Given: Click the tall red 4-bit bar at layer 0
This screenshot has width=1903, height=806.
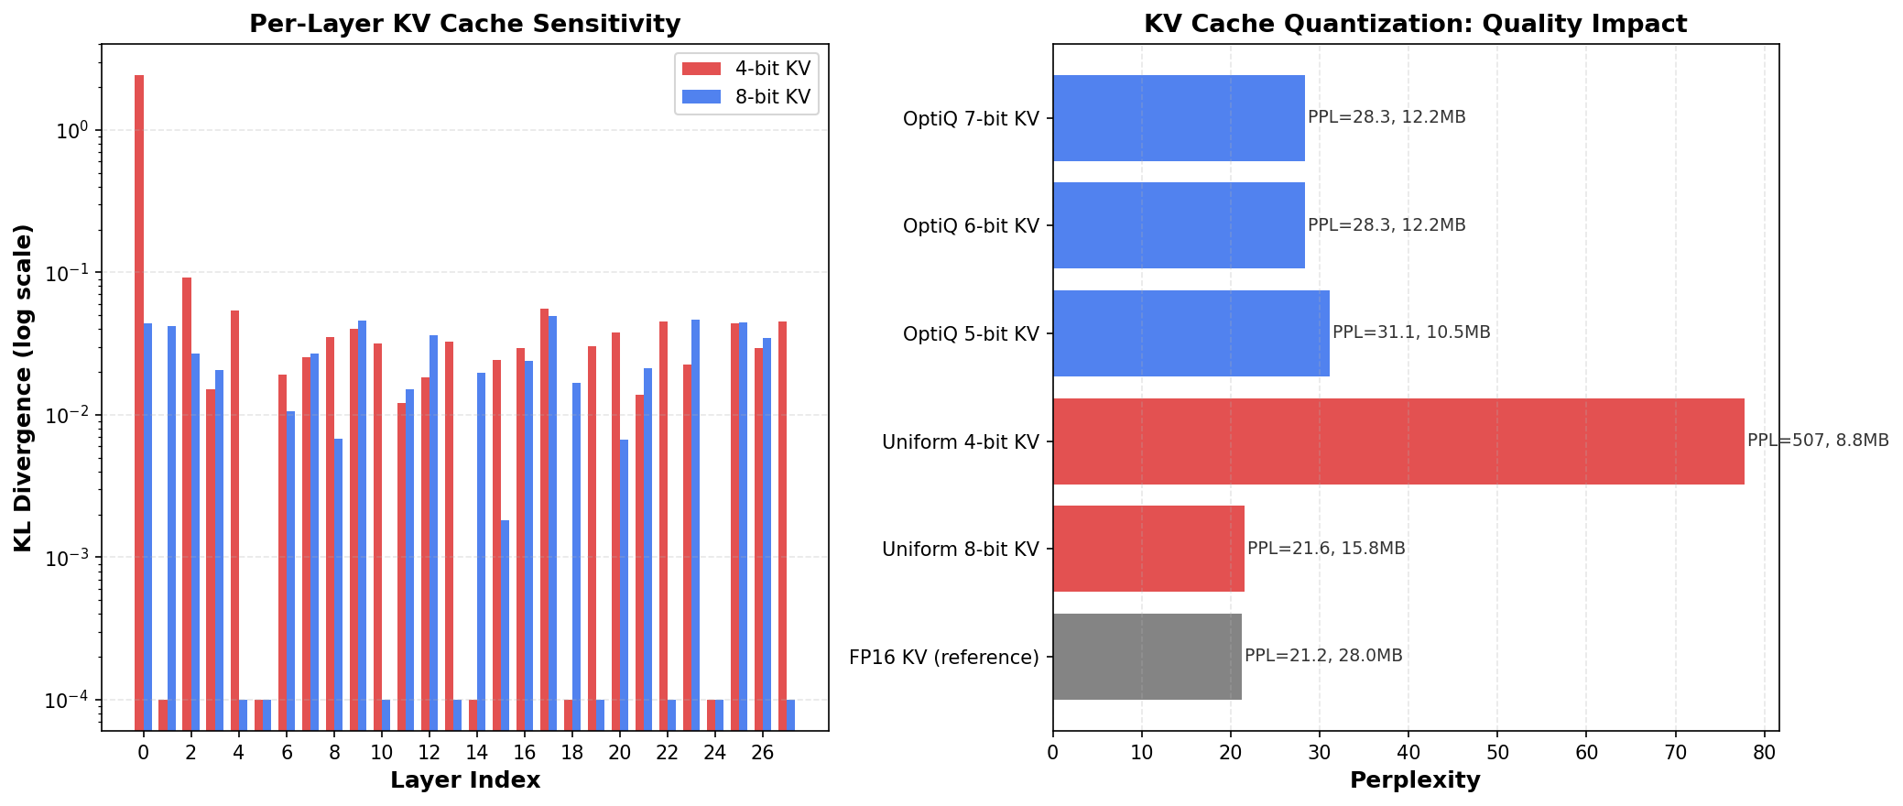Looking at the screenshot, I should click(x=139, y=385).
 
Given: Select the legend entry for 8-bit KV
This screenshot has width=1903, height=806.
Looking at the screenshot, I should click(x=746, y=97).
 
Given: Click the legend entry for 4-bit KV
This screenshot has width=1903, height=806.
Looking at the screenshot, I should click(x=746, y=69).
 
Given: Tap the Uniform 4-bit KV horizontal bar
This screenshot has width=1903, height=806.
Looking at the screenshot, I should click(x=1397, y=441).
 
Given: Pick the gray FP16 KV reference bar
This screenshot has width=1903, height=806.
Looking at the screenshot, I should click(x=1147, y=657).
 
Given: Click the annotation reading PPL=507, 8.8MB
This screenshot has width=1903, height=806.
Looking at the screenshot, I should click(x=1817, y=441).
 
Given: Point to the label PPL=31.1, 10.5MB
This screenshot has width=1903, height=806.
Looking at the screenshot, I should click(x=1410, y=332).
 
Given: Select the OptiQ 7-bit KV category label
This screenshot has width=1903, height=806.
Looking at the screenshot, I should click(x=971, y=118).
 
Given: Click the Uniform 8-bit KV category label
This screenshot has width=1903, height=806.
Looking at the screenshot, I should click(x=961, y=550).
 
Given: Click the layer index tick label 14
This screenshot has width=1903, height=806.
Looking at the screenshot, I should click(x=476, y=753).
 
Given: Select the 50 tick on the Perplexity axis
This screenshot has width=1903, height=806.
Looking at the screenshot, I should click(x=1497, y=753).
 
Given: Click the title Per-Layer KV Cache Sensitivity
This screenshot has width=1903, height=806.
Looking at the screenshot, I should click(x=464, y=24).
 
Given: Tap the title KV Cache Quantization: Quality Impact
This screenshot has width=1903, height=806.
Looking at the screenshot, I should click(x=1415, y=24).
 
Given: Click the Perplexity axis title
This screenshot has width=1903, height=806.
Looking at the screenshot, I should click(x=1415, y=780).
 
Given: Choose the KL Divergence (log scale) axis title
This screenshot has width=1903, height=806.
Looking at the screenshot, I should click(x=24, y=387).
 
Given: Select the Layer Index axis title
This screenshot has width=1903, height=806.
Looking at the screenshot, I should click(x=464, y=780).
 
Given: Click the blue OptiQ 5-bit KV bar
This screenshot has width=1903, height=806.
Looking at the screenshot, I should click(x=1191, y=333).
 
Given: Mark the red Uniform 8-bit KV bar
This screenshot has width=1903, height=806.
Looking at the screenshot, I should click(x=1148, y=549).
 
